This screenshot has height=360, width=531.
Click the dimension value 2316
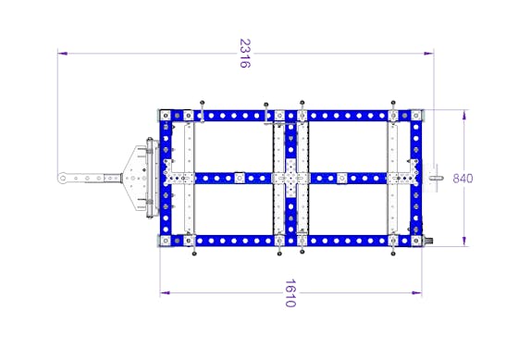[244, 54]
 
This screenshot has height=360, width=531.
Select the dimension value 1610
[290, 293]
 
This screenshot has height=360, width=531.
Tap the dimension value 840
[463, 178]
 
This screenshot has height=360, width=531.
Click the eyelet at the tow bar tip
[62, 178]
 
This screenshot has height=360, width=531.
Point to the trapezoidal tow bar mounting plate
[135, 179]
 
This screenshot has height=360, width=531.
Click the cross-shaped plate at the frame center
[290, 178]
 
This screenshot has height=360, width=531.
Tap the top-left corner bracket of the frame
[166, 116]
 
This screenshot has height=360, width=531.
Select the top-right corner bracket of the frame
[416, 116]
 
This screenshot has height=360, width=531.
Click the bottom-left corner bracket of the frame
[166, 241]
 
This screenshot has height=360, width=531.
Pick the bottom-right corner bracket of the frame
[416, 241]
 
